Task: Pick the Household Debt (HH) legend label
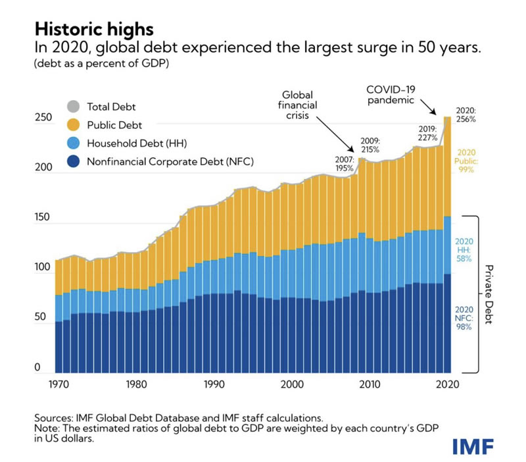[x=134, y=143]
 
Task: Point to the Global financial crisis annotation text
[x=300, y=109]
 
